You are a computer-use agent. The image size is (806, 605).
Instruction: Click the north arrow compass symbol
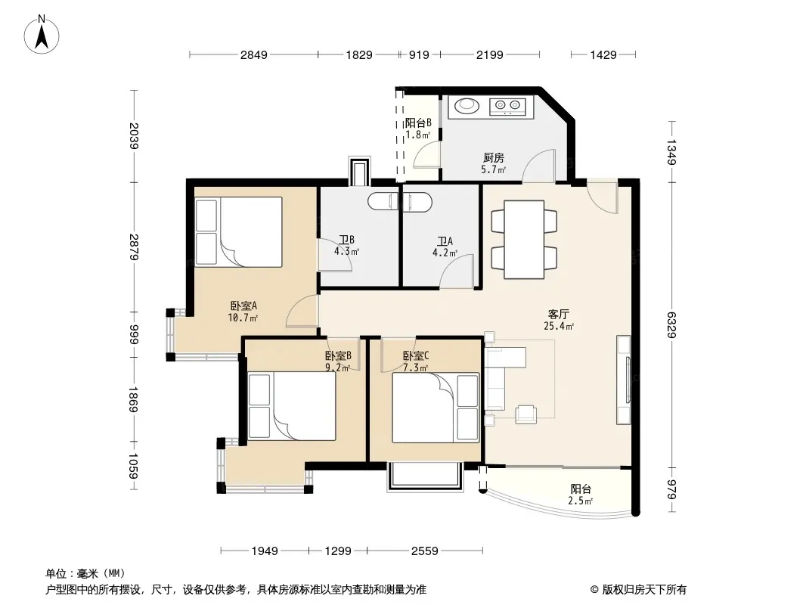point(42,35)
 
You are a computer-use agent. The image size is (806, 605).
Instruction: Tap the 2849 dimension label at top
point(254,54)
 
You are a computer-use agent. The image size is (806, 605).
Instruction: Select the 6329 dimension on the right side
point(671,325)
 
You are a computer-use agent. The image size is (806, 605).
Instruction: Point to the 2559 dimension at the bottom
point(425,551)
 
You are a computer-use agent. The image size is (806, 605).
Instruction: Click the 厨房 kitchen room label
point(494,158)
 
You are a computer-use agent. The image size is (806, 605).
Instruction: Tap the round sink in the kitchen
point(467,105)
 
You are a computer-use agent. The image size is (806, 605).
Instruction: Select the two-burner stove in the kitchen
point(508,106)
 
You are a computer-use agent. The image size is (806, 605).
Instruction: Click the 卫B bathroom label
point(346,240)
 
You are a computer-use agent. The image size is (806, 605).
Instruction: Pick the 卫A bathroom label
point(445,241)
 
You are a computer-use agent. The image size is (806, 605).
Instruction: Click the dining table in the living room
point(524,240)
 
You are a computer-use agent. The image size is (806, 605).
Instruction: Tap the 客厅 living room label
point(558,314)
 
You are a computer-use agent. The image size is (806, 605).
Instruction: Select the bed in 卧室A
point(239,232)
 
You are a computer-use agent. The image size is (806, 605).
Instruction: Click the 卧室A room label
point(243,306)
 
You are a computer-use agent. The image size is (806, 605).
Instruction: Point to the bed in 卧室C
point(436,408)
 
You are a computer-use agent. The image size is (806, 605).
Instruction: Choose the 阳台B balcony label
point(418,123)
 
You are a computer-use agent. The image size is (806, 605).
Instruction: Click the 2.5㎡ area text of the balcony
point(581,501)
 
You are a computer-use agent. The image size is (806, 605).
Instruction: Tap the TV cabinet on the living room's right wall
point(624,380)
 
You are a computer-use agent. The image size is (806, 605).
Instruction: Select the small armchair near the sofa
point(525,414)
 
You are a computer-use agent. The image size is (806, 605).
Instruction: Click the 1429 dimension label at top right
point(603,54)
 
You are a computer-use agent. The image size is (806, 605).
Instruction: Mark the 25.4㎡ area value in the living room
point(559,326)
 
